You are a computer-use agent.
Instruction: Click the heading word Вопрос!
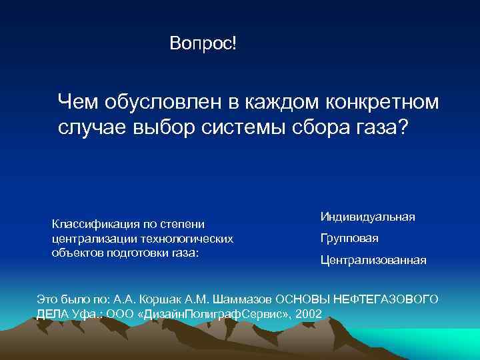coord(203,44)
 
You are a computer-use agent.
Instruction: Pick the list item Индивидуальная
coord(367,217)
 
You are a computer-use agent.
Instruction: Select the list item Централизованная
coord(373,259)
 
